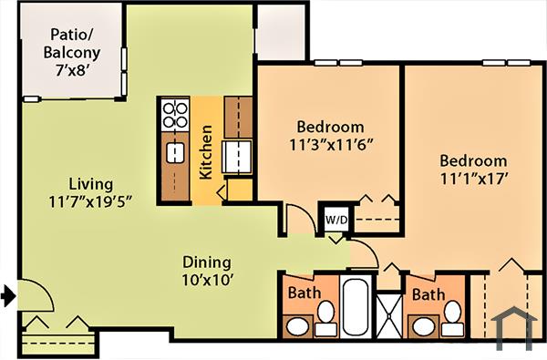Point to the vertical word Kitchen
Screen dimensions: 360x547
pyautogui.click(x=206, y=152)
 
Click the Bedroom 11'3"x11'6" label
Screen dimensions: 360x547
pyautogui.click(x=330, y=135)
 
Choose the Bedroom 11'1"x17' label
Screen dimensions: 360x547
pyautogui.click(x=471, y=170)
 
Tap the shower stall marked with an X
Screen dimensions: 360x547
pyautogui.click(x=390, y=314)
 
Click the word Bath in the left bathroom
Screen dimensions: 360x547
pyautogui.click(x=304, y=294)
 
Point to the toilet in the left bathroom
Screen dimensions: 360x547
pyautogui.click(x=325, y=315)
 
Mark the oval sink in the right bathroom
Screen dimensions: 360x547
pyautogui.click(x=421, y=325)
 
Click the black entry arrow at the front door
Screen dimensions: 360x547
pyautogui.click(x=8, y=294)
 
